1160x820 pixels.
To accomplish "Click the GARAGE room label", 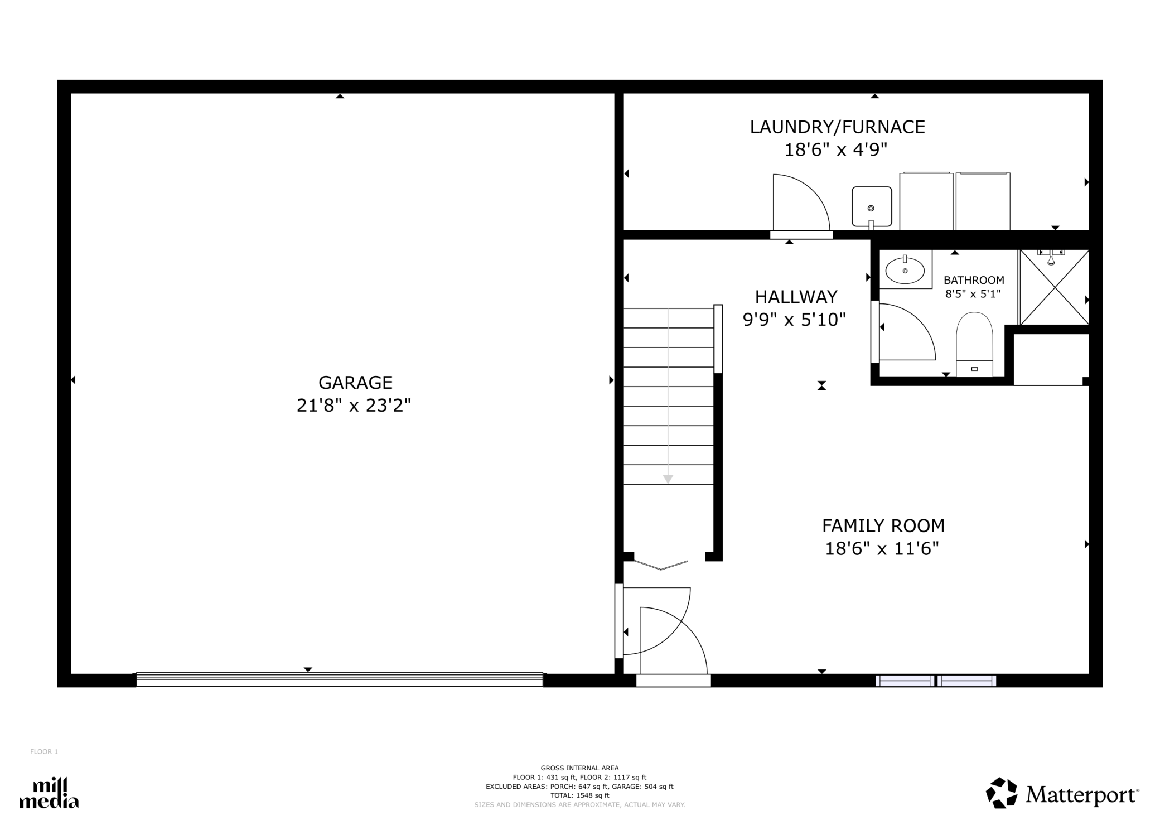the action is pyautogui.click(x=355, y=383).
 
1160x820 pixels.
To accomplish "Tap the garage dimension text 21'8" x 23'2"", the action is pyautogui.click(x=354, y=406).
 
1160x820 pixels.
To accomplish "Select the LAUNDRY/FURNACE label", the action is pyautogui.click(x=837, y=127).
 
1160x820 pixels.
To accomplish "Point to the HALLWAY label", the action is pyautogui.click(x=796, y=296).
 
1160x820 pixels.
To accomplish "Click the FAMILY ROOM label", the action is pyautogui.click(x=883, y=525).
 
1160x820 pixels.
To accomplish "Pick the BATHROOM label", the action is pyautogui.click(x=974, y=280).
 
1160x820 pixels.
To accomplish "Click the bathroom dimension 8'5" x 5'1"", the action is pyautogui.click(x=973, y=294).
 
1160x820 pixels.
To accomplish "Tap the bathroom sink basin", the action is pyautogui.click(x=905, y=271).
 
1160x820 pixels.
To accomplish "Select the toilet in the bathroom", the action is pyautogui.click(x=974, y=344).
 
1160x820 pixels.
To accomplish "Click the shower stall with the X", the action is pyautogui.click(x=1054, y=287).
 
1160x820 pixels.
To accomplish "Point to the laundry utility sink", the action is pyautogui.click(x=872, y=207).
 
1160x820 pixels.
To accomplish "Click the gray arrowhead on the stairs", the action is pyautogui.click(x=668, y=479).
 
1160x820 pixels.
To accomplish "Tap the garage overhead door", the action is pyautogui.click(x=340, y=679).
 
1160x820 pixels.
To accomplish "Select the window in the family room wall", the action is pyautogui.click(x=936, y=681).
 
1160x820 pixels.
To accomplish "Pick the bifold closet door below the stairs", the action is pyautogui.click(x=661, y=565).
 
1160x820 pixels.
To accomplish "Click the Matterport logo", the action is pyautogui.click(x=1062, y=793).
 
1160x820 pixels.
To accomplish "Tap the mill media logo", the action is pyautogui.click(x=49, y=793).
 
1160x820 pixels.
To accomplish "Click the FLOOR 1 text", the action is pyautogui.click(x=44, y=752).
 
